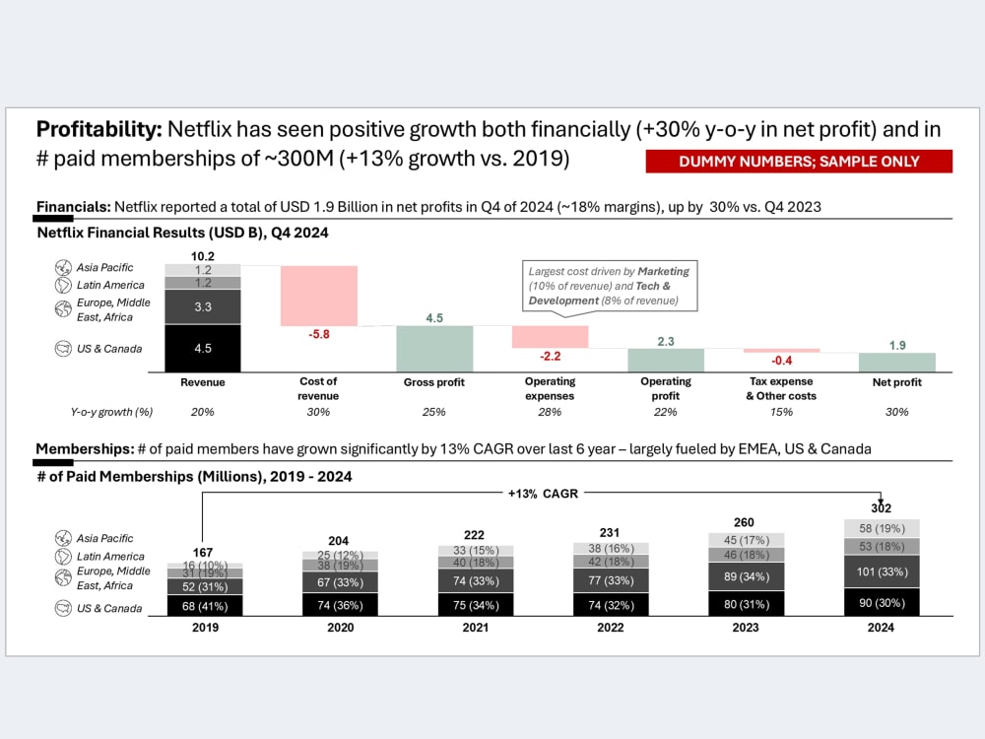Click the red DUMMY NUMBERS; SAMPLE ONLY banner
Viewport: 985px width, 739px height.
(x=799, y=161)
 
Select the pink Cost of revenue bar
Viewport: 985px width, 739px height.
(x=319, y=296)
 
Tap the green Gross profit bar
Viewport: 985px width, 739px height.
(x=434, y=349)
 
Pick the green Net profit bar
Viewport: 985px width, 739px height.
(x=897, y=363)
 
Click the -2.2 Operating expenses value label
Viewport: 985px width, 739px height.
(x=551, y=357)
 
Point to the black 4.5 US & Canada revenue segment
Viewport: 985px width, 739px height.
(x=203, y=348)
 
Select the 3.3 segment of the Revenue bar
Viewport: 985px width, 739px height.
(x=203, y=306)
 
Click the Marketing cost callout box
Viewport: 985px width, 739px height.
(x=610, y=286)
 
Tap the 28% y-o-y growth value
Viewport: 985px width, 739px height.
(x=550, y=412)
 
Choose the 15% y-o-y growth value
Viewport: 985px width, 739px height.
(x=781, y=412)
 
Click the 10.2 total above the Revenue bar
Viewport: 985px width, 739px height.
(x=203, y=256)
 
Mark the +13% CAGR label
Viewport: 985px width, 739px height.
(x=543, y=494)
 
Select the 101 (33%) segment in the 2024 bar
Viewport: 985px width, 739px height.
(x=882, y=571)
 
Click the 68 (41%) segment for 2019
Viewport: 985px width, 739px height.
(x=206, y=606)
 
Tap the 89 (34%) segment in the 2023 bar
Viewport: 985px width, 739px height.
(x=747, y=576)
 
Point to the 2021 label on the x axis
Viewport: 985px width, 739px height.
(x=476, y=627)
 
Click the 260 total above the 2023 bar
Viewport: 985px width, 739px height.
(x=744, y=522)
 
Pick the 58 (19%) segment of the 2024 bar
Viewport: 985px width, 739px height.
(x=882, y=528)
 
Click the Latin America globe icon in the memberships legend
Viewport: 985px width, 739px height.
(x=63, y=556)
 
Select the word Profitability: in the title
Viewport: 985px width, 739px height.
(x=99, y=129)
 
